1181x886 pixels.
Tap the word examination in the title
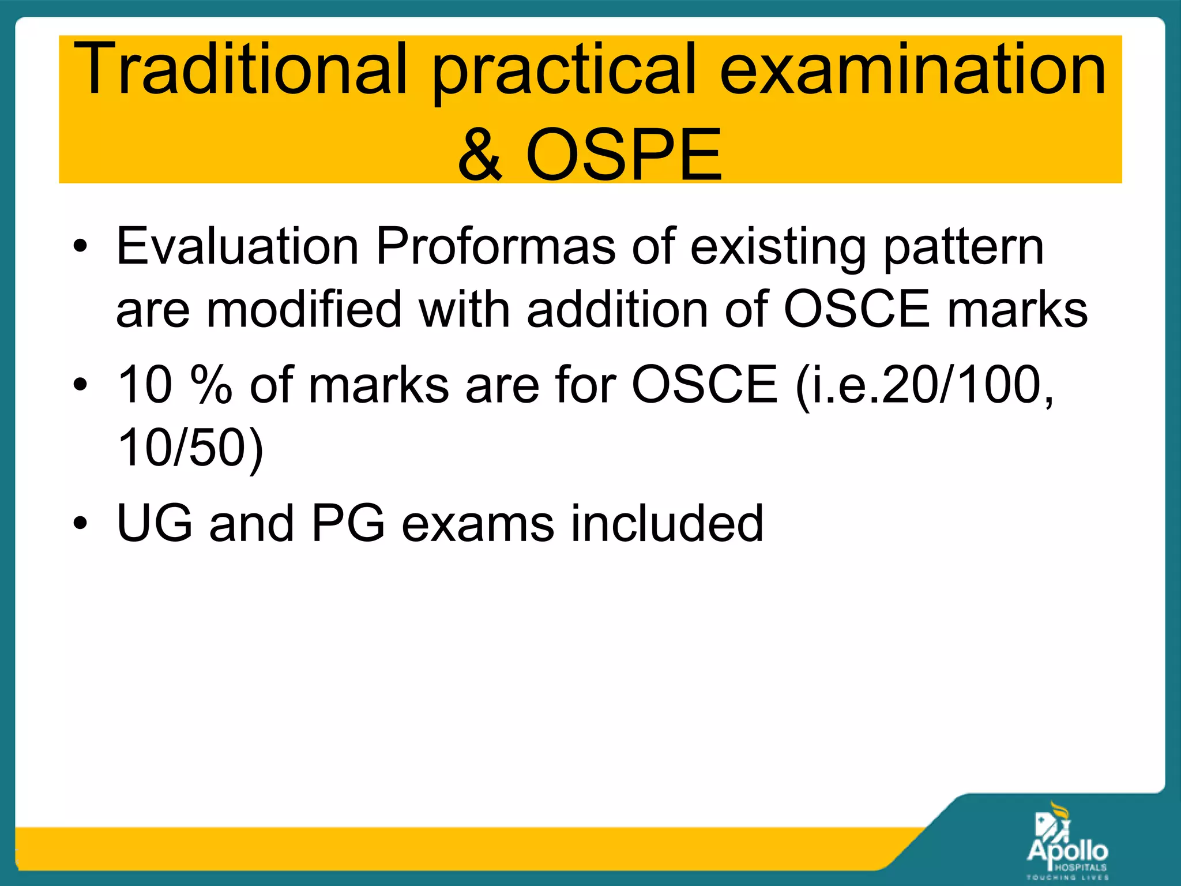coord(912,69)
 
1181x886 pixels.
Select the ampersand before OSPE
coord(480,155)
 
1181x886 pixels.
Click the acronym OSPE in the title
coord(623,155)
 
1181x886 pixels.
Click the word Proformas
coord(496,247)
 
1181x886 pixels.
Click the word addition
coord(617,310)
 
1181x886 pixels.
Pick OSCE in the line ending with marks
coord(857,310)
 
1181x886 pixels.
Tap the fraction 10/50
coord(182,448)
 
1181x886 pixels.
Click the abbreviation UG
coord(154,523)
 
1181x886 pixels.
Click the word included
coord(667,523)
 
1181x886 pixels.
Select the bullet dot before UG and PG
coord(80,524)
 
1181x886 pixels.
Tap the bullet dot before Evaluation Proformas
coord(80,247)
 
